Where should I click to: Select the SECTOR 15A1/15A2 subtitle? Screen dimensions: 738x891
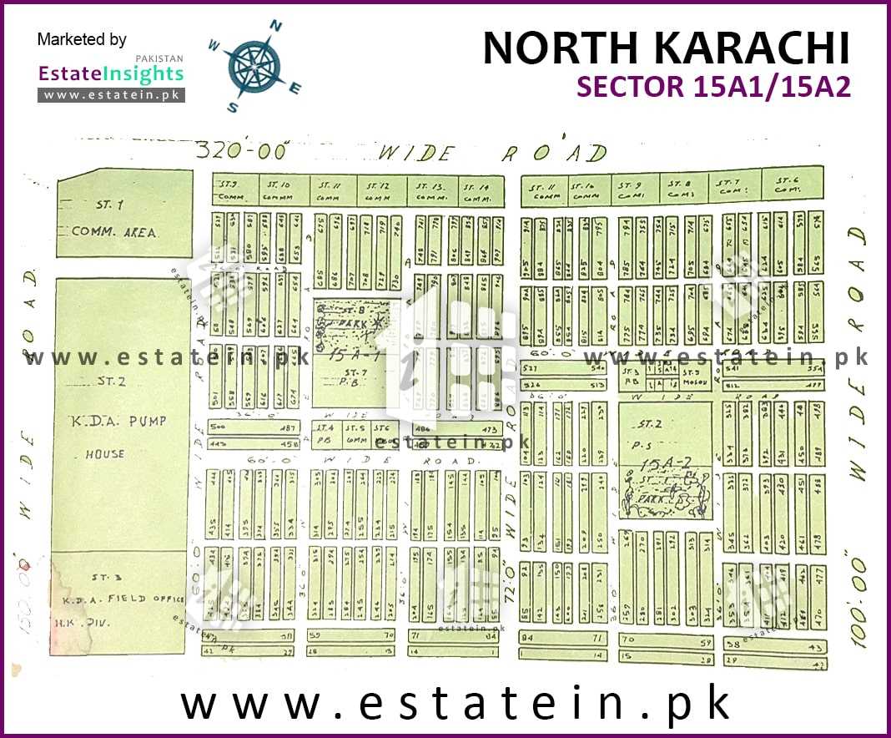click(714, 87)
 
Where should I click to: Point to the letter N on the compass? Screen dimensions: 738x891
click(275, 28)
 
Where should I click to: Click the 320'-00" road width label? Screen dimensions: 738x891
click(242, 151)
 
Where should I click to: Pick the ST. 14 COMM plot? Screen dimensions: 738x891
click(479, 191)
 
